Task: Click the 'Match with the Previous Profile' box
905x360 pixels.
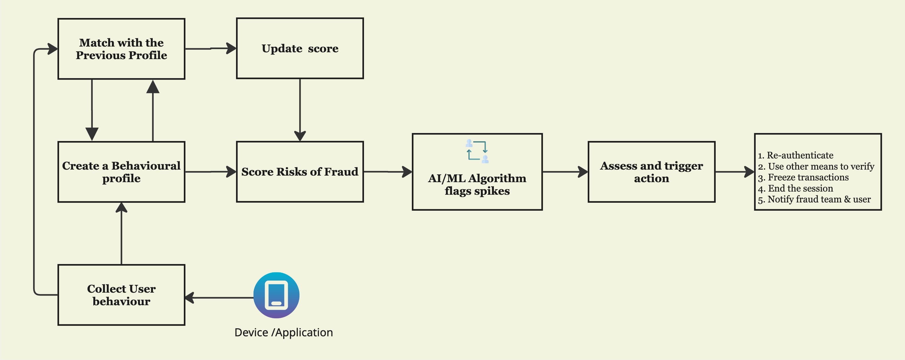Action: (x=121, y=49)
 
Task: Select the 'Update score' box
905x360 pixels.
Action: (x=300, y=49)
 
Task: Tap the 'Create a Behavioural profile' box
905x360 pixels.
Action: (x=121, y=172)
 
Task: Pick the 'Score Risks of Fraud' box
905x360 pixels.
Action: (x=300, y=172)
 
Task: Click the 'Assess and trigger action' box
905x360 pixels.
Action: (x=651, y=172)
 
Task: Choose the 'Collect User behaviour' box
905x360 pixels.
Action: (x=121, y=295)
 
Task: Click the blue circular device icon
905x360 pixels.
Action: (x=276, y=295)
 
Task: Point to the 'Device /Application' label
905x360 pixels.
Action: (x=283, y=332)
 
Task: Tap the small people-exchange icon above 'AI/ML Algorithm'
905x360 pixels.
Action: (x=477, y=151)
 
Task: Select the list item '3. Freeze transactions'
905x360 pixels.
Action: (x=803, y=177)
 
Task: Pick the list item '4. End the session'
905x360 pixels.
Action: (x=795, y=189)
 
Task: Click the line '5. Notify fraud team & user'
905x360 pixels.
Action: (x=814, y=200)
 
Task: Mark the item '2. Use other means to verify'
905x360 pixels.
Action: (x=816, y=166)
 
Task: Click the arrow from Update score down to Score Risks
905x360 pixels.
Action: (x=300, y=109)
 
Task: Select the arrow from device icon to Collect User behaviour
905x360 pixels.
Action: (x=220, y=298)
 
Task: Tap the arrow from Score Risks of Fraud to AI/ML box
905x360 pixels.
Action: (x=387, y=172)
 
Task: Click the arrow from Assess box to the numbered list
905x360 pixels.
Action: (x=734, y=172)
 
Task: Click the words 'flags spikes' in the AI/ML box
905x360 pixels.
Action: (x=477, y=191)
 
